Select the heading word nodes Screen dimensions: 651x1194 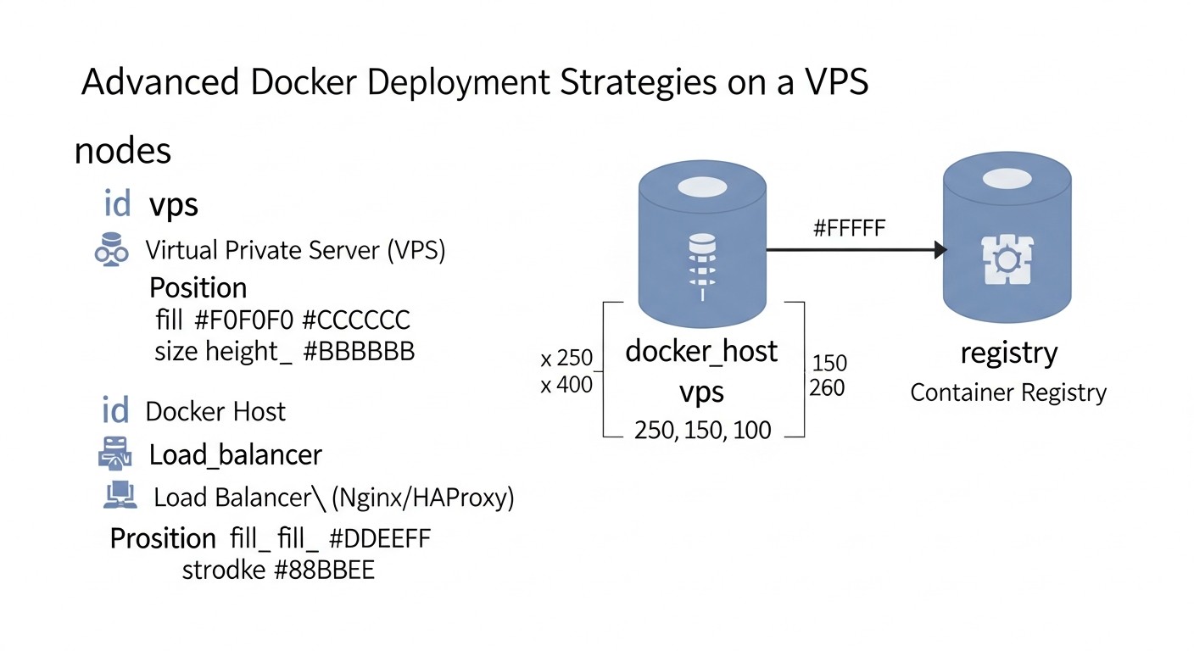123,151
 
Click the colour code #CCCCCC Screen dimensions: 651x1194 356,320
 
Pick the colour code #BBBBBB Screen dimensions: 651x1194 359,351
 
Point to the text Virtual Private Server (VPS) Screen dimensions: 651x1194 296,250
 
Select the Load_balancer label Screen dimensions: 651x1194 236,455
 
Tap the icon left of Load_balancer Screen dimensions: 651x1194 115,453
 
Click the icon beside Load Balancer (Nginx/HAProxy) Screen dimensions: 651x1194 120,495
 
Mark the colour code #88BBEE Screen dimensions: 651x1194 324,570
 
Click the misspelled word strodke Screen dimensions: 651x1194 224,570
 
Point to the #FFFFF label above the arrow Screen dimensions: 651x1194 849,227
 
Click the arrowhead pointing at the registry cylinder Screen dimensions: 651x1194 940,250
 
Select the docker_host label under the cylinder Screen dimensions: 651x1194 701,351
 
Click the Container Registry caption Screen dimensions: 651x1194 1008,393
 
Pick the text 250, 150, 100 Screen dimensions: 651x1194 703,431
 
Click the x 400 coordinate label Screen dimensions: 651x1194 566,385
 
